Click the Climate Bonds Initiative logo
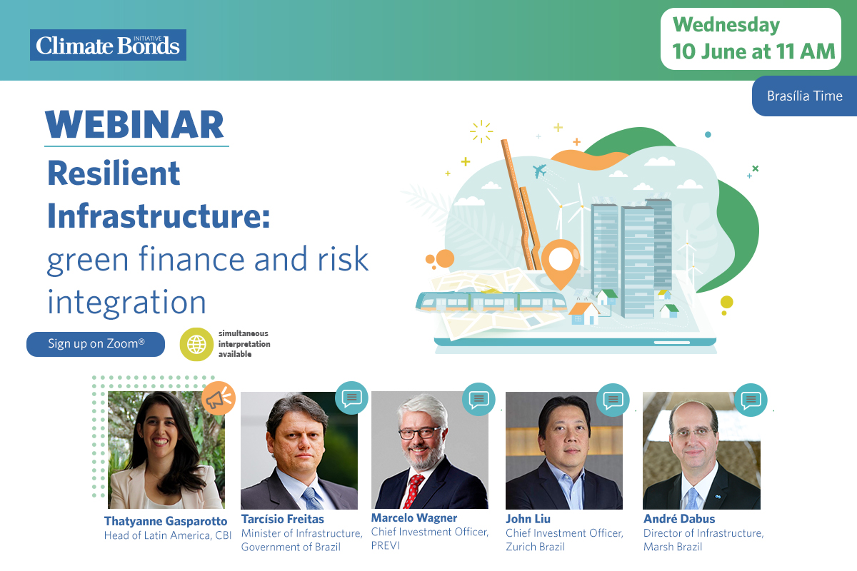point(109,45)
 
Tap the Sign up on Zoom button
point(96,344)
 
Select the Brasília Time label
point(805,96)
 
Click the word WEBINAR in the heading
point(134,125)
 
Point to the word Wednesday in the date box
point(726,25)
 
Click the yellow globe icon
point(196,344)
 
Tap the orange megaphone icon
point(219,398)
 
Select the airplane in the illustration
point(539,171)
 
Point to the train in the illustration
point(491,302)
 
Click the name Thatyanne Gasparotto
point(166,521)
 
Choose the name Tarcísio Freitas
point(282,519)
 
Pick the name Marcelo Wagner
point(414,518)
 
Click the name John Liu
point(528,519)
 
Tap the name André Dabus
point(679,519)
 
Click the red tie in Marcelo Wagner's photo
point(414,491)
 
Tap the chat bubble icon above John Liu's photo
point(613,400)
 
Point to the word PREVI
point(385,546)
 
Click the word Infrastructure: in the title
point(159,216)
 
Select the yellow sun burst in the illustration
point(481,131)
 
